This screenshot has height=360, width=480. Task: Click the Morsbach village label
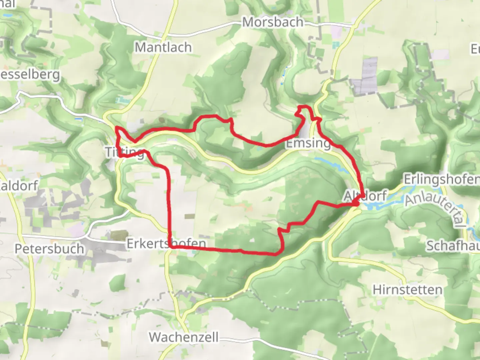pyautogui.click(x=273, y=22)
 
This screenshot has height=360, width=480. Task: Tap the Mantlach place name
pyautogui.click(x=163, y=47)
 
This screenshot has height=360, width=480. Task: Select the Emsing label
pyautogui.click(x=308, y=143)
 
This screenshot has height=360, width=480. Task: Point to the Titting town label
pyautogui.click(x=124, y=152)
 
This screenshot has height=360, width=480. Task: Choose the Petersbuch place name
pyautogui.click(x=49, y=249)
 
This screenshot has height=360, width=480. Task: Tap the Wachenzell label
pyautogui.click(x=184, y=337)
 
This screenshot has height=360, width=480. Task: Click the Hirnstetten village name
pyautogui.click(x=407, y=290)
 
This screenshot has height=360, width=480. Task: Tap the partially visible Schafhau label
pyautogui.click(x=453, y=246)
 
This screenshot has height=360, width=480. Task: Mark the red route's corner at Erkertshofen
pyautogui.click(x=171, y=247)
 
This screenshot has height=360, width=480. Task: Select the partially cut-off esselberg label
pyautogui.click(x=30, y=74)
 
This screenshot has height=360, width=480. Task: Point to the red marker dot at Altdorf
pyautogui.click(x=356, y=203)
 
